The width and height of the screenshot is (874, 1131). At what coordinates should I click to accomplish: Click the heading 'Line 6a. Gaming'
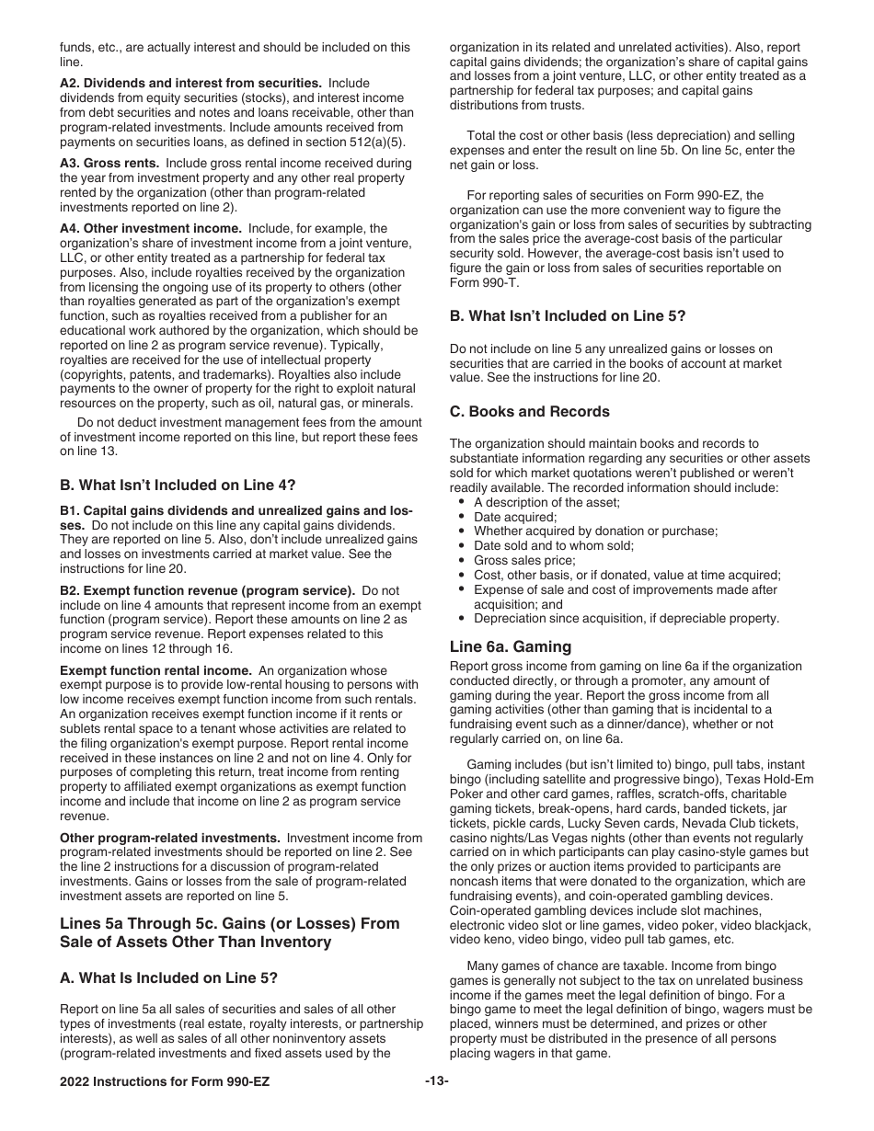pyautogui.click(x=510, y=646)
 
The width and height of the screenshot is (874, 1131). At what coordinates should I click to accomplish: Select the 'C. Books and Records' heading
pyautogui.click(x=529, y=411)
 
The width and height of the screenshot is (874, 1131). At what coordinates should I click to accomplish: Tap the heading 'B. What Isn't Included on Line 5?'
pyautogui.click(x=567, y=315)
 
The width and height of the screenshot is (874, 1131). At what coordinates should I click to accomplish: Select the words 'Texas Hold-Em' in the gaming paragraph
pyautogui.click(x=769, y=779)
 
